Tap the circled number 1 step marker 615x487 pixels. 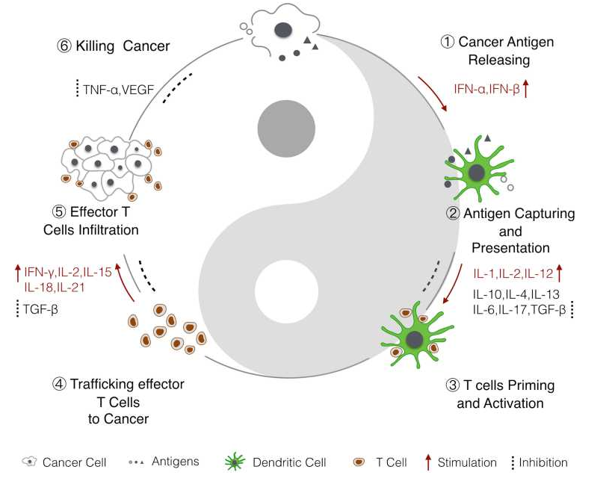tap(448, 43)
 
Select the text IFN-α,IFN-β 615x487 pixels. tap(486, 89)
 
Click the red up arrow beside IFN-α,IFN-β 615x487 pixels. tap(525, 89)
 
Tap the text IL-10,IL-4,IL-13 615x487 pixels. tap(516, 294)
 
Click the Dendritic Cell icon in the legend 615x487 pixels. tap(235, 462)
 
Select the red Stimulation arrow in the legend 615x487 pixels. tap(427, 462)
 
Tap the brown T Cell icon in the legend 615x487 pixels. tap(362, 462)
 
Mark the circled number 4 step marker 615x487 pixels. tap(60, 385)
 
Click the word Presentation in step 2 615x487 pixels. tap(510, 248)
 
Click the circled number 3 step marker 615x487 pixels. tap(452, 386)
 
